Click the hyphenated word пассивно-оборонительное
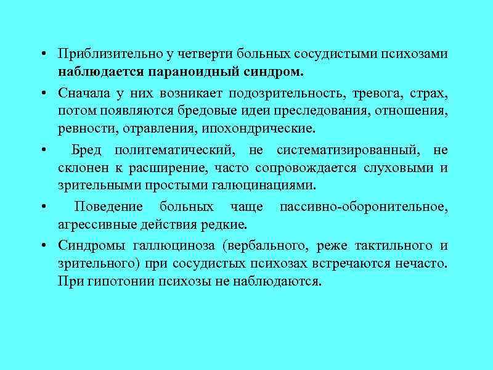(x=364, y=207)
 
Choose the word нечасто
(x=424, y=263)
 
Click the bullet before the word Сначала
(x=45, y=94)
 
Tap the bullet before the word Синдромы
(x=45, y=246)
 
